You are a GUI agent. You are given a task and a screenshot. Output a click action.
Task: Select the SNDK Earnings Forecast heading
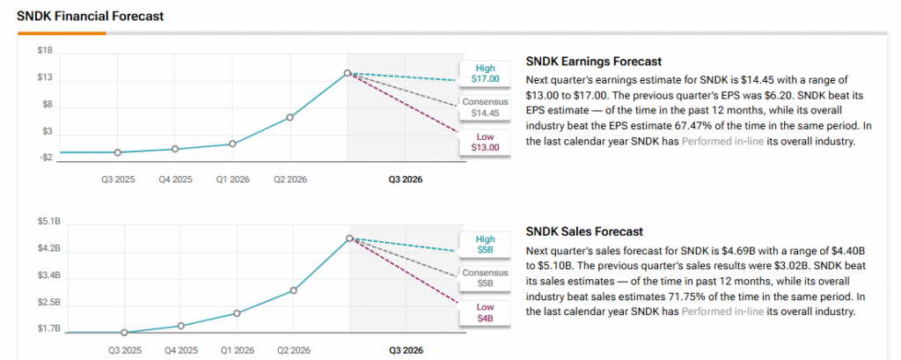pos(593,62)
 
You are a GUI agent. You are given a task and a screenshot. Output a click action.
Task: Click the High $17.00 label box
pos(485,73)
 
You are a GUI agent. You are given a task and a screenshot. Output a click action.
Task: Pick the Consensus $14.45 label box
pos(485,107)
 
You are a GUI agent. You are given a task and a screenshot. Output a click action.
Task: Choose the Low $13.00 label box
pos(485,142)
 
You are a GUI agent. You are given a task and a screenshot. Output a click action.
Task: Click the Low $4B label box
pos(485,312)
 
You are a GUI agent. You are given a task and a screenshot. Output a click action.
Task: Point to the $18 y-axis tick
pos(45,51)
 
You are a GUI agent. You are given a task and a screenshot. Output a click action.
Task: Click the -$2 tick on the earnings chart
pos(44,158)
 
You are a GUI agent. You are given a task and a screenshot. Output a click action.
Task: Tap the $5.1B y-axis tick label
pos(48,221)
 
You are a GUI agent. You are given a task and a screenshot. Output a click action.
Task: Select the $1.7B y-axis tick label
pos(48,329)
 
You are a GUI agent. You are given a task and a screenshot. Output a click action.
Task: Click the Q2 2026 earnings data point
pos(290,117)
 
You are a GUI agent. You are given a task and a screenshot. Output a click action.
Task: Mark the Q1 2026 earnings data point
pos(232,143)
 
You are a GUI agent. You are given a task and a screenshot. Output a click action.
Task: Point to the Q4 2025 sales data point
pos(180,326)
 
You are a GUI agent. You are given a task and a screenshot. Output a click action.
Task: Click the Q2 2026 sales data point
pos(294,290)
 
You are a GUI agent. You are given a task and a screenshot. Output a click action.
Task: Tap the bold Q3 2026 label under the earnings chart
pos(406,179)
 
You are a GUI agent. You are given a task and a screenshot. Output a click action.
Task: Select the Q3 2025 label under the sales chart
pos(125,349)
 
